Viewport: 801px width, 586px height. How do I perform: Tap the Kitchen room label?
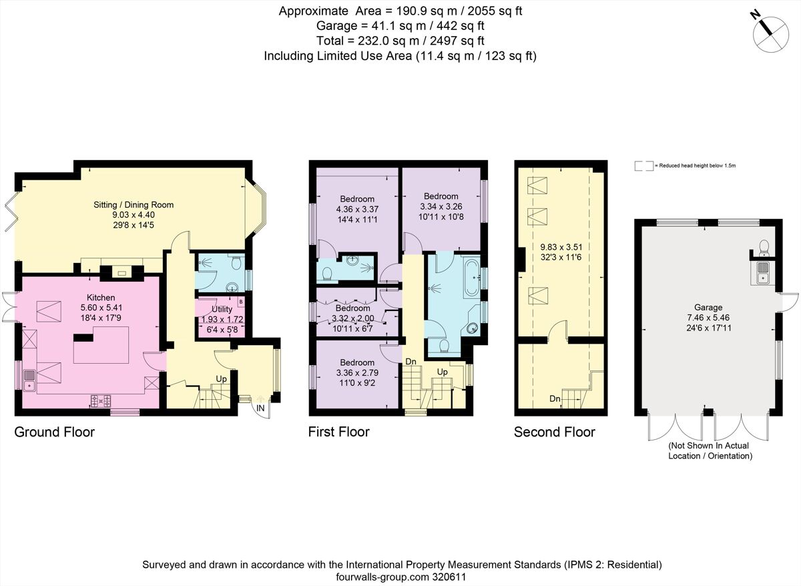click(101, 297)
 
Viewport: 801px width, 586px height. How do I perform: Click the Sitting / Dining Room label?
click(133, 205)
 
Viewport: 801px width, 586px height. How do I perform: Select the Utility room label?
click(222, 310)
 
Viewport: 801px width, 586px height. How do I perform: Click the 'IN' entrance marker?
click(260, 408)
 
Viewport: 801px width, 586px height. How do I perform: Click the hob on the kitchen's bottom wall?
click(101, 401)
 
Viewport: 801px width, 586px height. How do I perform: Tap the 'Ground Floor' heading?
click(55, 432)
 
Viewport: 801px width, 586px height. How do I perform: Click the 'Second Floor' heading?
click(554, 432)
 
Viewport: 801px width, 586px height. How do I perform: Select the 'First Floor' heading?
click(338, 432)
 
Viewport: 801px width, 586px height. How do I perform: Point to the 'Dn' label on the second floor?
click(554, 399)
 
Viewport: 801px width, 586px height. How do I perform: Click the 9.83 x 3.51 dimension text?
click(562, 246)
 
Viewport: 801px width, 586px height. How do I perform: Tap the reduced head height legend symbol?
click(643, 166)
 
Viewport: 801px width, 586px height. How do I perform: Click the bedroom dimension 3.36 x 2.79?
click(356, 373)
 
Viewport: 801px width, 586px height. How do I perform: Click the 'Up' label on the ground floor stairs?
click(221, 378)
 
